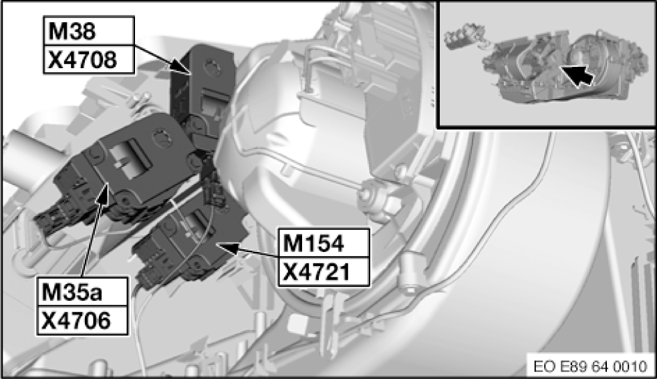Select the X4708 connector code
(82, 60)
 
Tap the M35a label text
(72, 292)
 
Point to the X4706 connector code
(76, 321)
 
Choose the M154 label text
(313, 243)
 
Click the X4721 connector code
(316, 273)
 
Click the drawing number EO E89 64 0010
(590, 366)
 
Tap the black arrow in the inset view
(577, 76)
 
